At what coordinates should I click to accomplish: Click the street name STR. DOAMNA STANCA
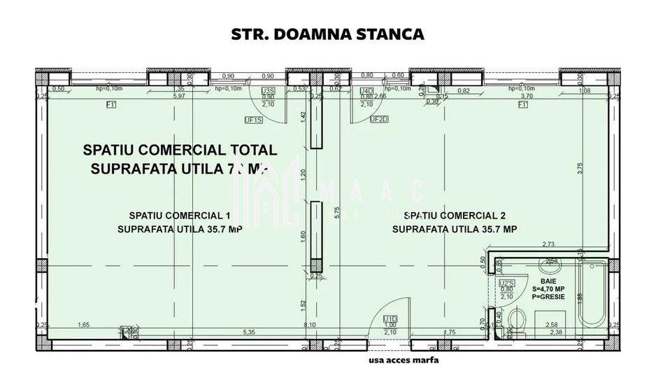[327, 33]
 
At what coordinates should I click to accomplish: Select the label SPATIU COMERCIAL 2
[455, 215]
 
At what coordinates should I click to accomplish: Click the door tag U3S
[268, 91]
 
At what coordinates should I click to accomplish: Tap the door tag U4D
[365, 91]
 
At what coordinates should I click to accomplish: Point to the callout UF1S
[253, 120]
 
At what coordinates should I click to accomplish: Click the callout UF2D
[378, 119]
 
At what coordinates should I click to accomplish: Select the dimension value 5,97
[178, 97]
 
